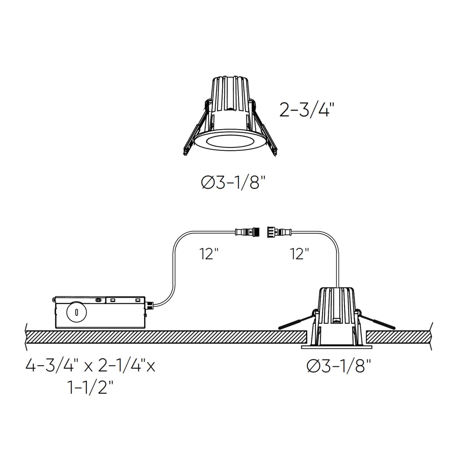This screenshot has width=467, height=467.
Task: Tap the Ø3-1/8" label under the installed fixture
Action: [x=339, y=366]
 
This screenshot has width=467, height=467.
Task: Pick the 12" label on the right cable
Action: [x=299, y=254]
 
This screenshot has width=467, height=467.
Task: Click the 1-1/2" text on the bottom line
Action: [x=90, y=387]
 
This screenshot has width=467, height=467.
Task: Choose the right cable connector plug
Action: [x=279, y=232]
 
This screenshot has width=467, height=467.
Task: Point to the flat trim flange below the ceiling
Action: [x=336, y=347]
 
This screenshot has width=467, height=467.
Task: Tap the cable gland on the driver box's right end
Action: [x=149, y=304]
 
